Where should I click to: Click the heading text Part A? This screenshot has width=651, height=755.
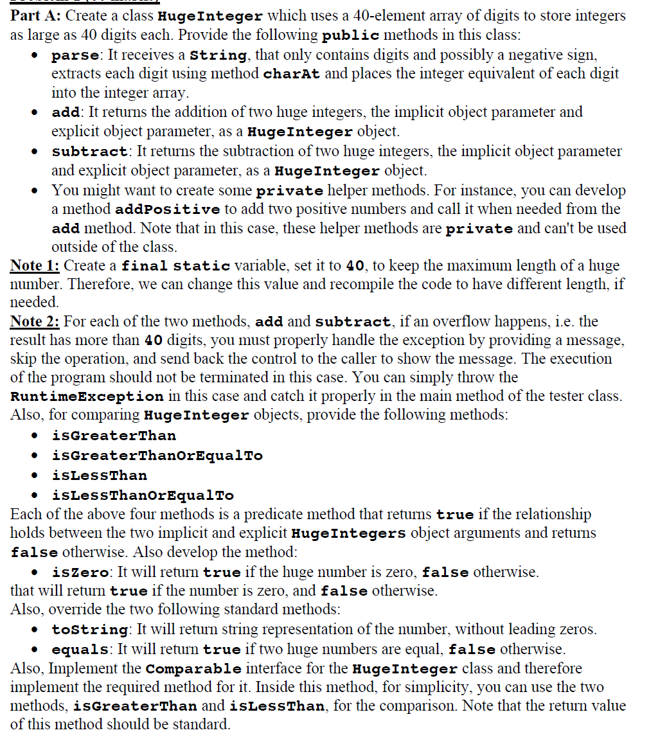point(35,15)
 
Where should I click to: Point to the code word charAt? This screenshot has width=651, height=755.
point(292,74)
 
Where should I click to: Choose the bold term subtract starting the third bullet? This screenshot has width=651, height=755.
point(89,152)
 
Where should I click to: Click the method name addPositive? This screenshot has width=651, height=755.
point(167,210)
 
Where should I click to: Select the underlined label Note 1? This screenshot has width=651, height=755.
point(35,265)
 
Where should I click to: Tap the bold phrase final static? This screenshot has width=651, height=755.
point(175,265)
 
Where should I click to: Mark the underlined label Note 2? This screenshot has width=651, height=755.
point(35,321)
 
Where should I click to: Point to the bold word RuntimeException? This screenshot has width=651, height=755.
point(87,396)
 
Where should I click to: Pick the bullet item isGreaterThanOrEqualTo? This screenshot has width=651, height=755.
point(157,456)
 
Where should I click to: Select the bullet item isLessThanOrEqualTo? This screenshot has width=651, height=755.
point(143,495)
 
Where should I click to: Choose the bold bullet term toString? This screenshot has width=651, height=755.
point(89,630)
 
